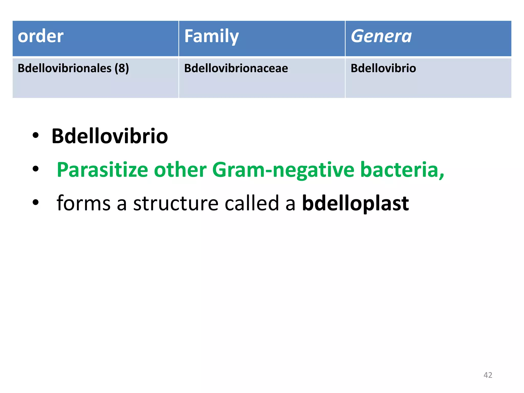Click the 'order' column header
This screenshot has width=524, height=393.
tap(40, 36)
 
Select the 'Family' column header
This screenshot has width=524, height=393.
tap(211, 36)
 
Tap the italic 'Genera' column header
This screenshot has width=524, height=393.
tap(381, 36)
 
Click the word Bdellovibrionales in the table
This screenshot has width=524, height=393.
tap(64, 68)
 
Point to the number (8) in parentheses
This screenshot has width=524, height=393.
tap(122, 68)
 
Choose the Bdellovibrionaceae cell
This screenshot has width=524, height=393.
tap(236, 68)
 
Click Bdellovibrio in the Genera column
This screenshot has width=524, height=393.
tap(383, 68)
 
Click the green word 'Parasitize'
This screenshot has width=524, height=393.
tap(102, 170)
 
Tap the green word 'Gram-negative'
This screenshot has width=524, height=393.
tap(283, 170)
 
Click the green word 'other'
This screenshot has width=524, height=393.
tap(180, 170)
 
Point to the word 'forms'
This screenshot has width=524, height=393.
tap(83, 203)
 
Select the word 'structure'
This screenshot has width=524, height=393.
tap(176, 203)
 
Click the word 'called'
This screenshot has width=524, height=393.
tap(252, 203)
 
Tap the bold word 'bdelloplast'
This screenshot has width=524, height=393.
tap(355, 203)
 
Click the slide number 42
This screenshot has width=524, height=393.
tap(488, 375)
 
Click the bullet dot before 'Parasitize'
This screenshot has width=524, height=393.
tap(36, 169)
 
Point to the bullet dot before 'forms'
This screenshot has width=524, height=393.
tap(36, 202)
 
